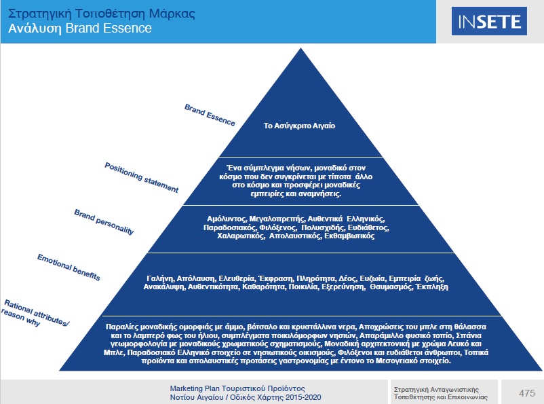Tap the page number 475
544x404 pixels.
click(526, 392)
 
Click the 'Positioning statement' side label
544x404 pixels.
click(142, 177)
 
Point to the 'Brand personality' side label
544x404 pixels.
click(104, 222)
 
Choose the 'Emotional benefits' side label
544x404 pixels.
click(69, 267)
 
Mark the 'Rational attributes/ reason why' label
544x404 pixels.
click(34, 314)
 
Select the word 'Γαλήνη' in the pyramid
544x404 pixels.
click(160, 278)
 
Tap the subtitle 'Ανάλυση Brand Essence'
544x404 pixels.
click(80, 29)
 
